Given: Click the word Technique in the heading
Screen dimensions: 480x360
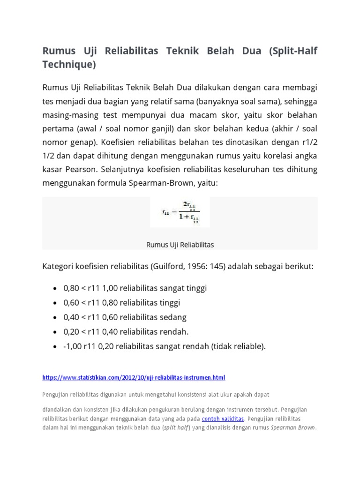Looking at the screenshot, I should pyautogui.click(x=69, y=65).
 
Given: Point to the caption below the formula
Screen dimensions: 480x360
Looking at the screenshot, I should pyautogui.click(x=180, y=245).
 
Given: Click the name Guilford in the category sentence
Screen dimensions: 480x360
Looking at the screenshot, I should pyautogui.click(x=168, y=266).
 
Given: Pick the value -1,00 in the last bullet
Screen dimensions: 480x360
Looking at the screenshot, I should pyautogui.click(x=73, y=346).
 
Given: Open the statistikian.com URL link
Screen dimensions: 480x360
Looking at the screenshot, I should pyautogui.click(x=134, y=378).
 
